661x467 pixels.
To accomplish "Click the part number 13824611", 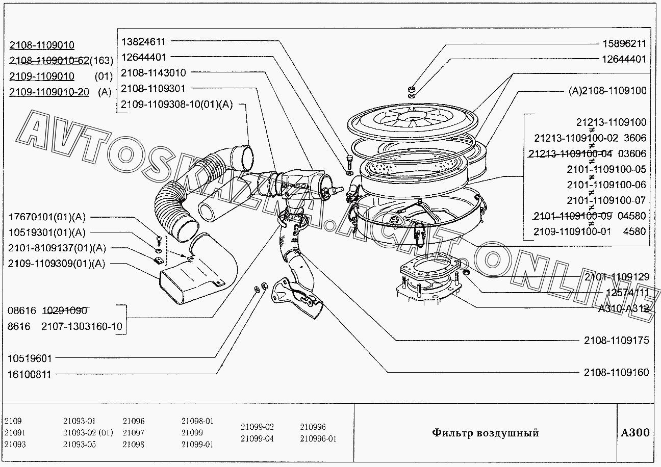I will [143, 41].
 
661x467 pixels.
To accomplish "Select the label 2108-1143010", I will [154, 73].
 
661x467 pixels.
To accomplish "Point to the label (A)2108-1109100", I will [607, 91].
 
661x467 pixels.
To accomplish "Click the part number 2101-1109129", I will [617, 277].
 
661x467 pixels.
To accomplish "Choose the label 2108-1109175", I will [617, 340].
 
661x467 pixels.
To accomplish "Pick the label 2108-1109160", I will [617, 372].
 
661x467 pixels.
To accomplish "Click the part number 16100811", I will [30, 374].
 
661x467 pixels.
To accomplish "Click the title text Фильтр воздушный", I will [485, 433].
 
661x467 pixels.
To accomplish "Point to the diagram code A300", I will [635, 432].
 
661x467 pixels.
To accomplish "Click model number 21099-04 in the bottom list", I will [257, 438].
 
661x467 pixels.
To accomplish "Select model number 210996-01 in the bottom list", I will [319, 438].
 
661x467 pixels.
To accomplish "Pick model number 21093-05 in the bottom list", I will [80, 444].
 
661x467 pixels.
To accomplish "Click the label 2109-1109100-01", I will [572, 231].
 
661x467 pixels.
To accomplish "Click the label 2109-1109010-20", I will [49, 92].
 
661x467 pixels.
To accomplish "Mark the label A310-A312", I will [623, 308].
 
